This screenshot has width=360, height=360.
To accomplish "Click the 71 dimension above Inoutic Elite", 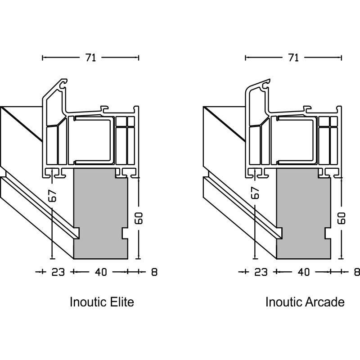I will click(x=90, y=58).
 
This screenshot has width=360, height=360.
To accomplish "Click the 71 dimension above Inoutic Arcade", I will click(x=293, y=58).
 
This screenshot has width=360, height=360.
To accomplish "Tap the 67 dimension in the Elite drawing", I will click(x=53, y=195).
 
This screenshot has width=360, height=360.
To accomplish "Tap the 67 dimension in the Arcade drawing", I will click(x=255, y=193).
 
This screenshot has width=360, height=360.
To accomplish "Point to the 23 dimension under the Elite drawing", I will click(x=58, y=272).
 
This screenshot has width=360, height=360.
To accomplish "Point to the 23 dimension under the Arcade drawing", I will click(x=261, y=272).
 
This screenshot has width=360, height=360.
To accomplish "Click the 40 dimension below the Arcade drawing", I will click(x=303, y=272).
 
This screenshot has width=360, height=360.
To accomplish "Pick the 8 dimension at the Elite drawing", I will click(x=154, y=272).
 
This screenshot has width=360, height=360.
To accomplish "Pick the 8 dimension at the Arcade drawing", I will click(x=356, y=272).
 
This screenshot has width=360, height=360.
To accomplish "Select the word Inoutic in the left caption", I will click(x=87, y=301).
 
